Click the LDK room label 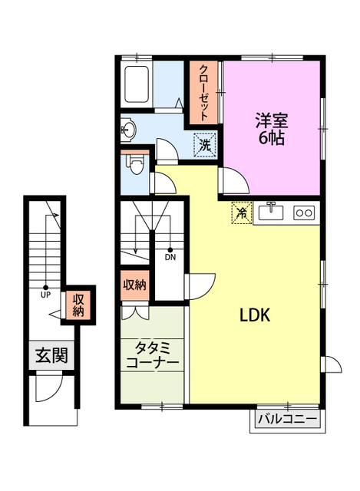coord(255,315)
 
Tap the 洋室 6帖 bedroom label coord(271,128)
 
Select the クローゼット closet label coord(203,92)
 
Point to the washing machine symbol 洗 coord(205,145)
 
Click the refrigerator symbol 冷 coord(242,213)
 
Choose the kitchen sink coord(271,211)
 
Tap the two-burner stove coord(304,213)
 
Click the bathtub coord(137,84)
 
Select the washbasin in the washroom coord(128,129)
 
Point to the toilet coord(135,163)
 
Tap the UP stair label coord(46,295)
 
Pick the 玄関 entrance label coord(51,355)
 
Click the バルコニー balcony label coord(287,419)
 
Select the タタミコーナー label coord(152,355)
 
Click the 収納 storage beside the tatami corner coord(135,285)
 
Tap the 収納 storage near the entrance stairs coord(78,305)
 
